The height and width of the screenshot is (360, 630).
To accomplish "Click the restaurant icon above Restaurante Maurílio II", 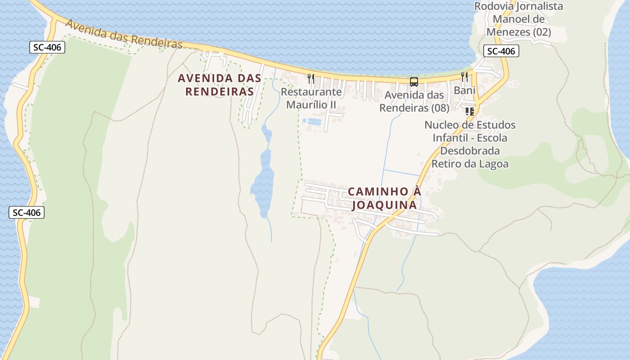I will click(x=310, y=79).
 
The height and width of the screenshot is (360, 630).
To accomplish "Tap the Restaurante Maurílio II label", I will click(x=311, y=98).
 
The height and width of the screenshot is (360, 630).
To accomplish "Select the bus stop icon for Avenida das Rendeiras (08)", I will click(x=414, y=82).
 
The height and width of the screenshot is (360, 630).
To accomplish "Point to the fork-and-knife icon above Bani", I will click(x=464, y=77).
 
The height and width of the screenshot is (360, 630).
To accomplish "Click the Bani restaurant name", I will click(x=464, y=90).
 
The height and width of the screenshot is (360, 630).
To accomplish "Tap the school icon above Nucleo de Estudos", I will click(x=470, y=111).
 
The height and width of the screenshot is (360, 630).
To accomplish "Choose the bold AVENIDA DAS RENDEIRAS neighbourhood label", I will click(x=220, y=85).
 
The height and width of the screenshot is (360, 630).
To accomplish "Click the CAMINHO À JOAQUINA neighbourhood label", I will click(x=385, y=198).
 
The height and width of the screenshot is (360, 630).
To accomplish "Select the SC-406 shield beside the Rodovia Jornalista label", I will click(x=501, y=51).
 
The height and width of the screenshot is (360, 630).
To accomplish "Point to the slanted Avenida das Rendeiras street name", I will click(x=124, y=34).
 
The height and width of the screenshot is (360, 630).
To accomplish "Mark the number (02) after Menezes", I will click(x=542, y=32).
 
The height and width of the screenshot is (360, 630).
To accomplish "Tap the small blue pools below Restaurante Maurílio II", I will click(x=312, y=121).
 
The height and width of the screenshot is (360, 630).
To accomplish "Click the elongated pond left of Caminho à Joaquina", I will click(x=263, y=180).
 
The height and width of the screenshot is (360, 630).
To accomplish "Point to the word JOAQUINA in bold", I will click(x=384, y=205).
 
